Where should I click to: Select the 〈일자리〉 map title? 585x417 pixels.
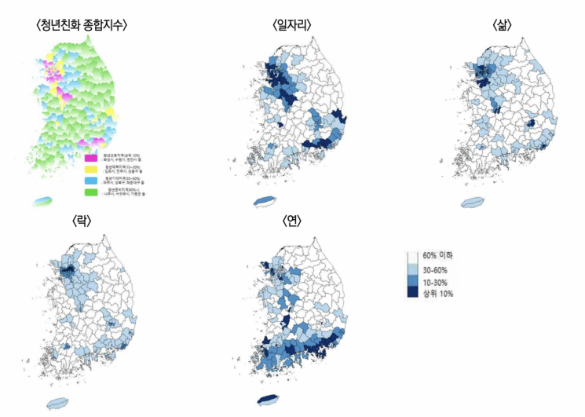click(x=292, y=25)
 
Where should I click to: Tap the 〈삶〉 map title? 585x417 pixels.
click(x=502, y=25)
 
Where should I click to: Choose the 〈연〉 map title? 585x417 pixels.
click(x=292, y=221)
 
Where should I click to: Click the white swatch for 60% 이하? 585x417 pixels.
click(x=412, y=257)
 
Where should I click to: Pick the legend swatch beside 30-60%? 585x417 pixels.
click(x=412, y=269)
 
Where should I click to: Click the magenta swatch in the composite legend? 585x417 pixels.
click(x=92, y=157)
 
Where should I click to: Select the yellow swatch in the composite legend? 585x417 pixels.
click(x=92, y=169)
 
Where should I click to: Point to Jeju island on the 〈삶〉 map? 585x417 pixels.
click(x=473, y=203)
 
